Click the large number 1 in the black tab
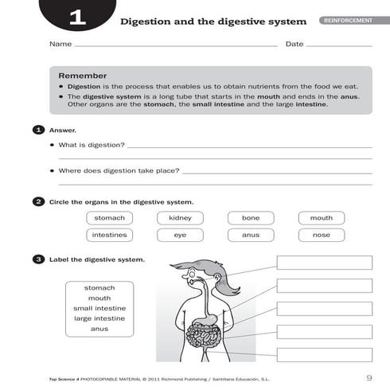coord(77,18)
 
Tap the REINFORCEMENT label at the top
coord(347,20)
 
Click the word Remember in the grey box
coord(88,76)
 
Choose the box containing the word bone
coord(251,218)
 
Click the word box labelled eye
coord(180,235)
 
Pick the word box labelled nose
coord(322,235)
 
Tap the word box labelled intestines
coord(109,235)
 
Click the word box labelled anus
coord(251,235)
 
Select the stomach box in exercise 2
coord(109,218)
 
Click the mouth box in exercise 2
coord(322,218)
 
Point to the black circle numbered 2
coord(38,201)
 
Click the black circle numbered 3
coord(38,259)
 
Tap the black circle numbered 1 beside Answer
coord(38,129)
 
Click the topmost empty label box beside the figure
coord(324,263)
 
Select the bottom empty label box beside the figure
coord(324,355)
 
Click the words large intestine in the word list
coord(99,318)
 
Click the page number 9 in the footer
coord(369,377)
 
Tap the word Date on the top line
coord(294,44)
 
